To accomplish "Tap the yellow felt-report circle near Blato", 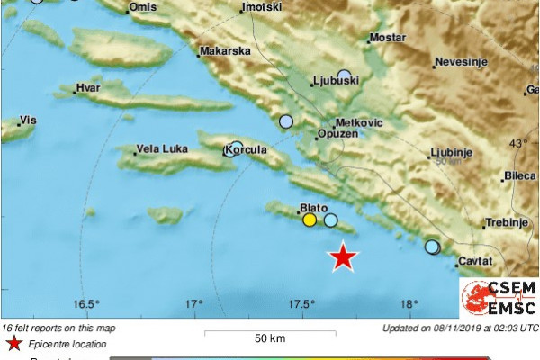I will tap(310, 220).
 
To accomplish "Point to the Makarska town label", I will tap(225, 52).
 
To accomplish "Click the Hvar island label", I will tap(89, 88).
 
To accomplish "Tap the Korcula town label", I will tap(251, 149).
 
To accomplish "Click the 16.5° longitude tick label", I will tap(86, 304).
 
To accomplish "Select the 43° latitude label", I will tap(519, 143).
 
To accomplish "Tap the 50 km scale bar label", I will tap(269, 338).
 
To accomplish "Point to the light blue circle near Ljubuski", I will tap(344, 76).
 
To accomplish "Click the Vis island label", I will tap(28, 120).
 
